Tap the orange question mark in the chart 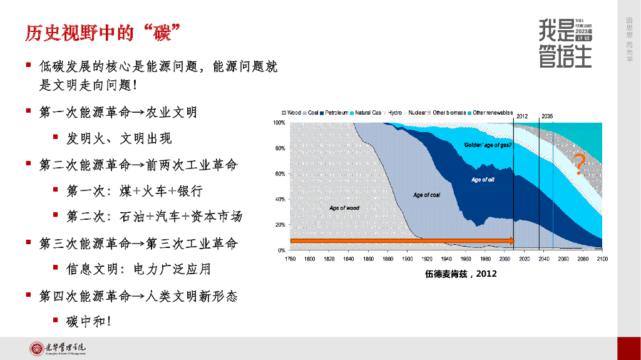pos(580,163)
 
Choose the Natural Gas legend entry pos(366,113)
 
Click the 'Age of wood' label pos(344,208)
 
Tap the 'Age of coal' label pos(426,195)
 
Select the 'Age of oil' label pos(483,180)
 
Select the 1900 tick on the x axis pos(407,258)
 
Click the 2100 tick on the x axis pos(602,258)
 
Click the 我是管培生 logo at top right pos(565,43)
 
